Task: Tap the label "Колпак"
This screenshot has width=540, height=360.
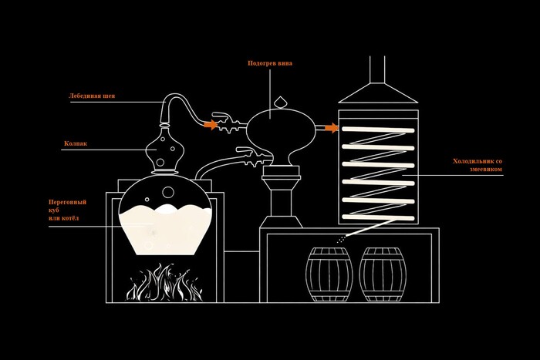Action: [76, 143]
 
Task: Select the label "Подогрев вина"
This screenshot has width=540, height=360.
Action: [269, 63]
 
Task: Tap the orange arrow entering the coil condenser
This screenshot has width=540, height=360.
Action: [330, 128]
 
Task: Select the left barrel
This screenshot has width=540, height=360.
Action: [329, 274]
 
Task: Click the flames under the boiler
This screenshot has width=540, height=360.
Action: [164, 283]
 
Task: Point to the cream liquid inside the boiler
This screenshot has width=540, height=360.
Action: [164, 230]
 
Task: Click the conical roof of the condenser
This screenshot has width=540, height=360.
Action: [378, 95]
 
